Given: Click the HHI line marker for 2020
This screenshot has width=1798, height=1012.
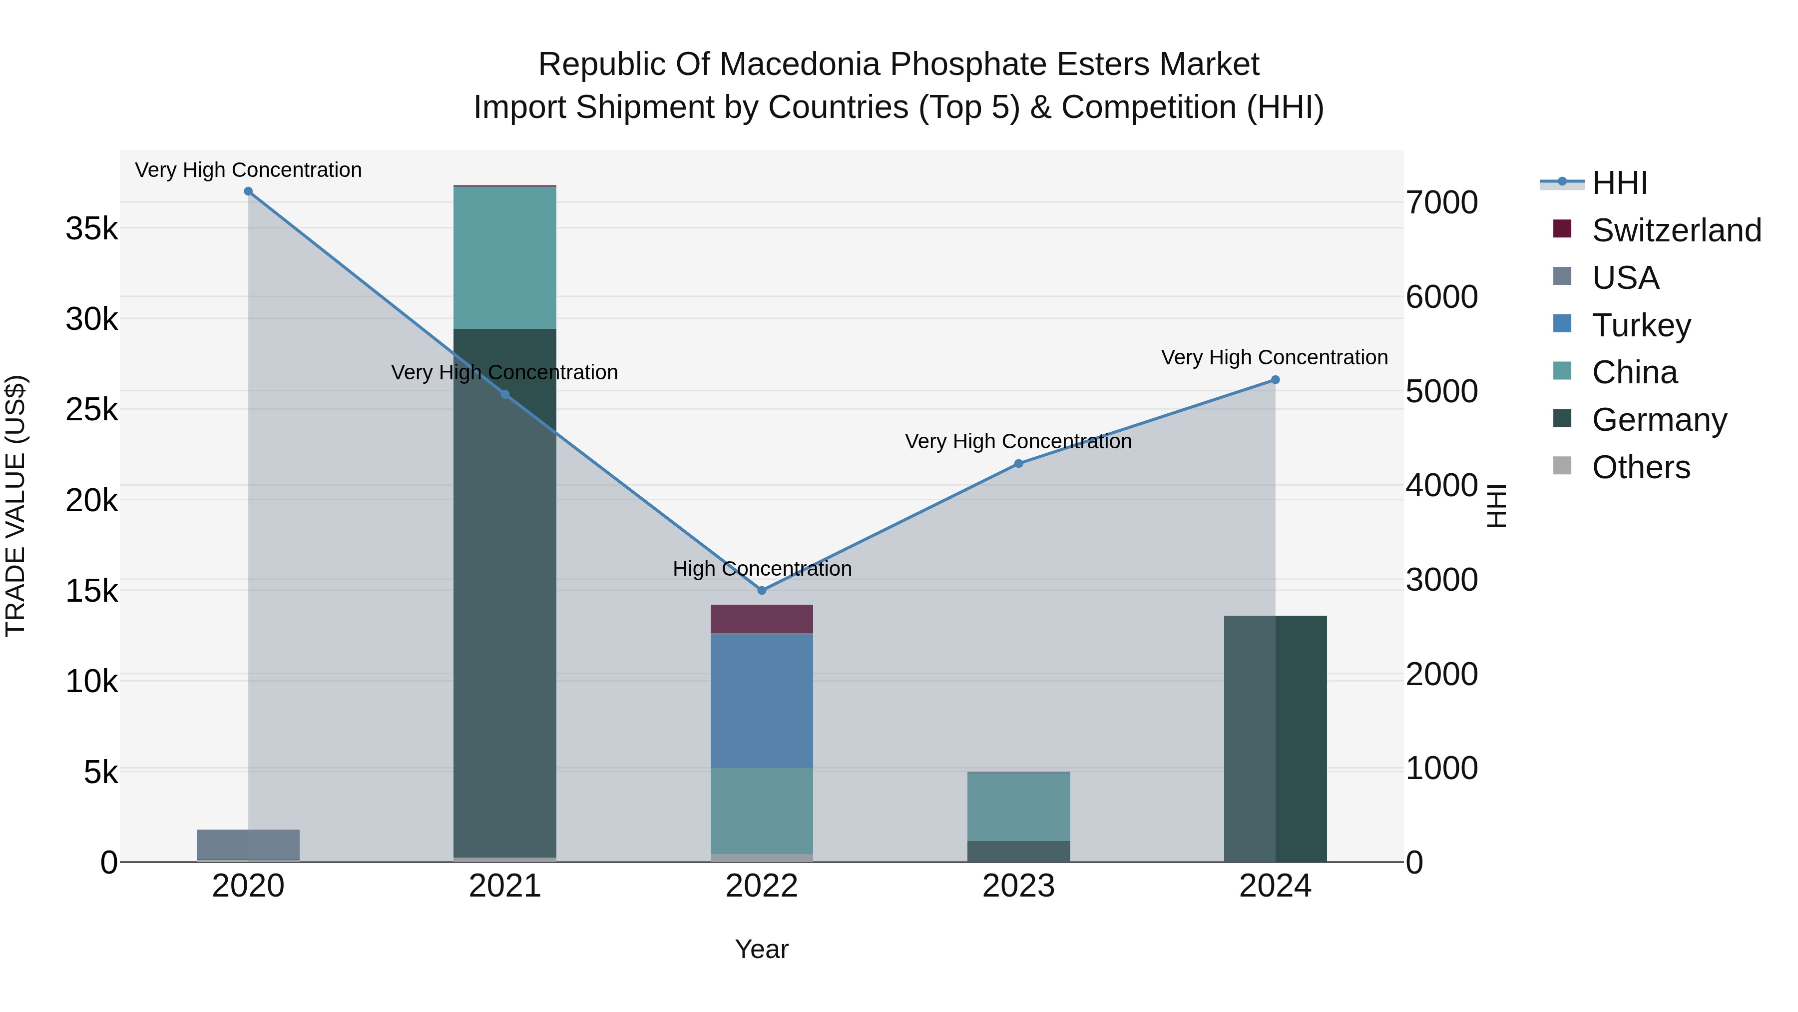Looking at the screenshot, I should click(x=249, y=191).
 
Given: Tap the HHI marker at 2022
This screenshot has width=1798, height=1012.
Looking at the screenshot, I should click(x=762, y=590).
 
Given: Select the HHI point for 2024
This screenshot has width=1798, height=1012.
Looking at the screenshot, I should click(x=1275, y=380).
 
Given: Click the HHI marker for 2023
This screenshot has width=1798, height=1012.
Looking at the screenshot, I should click(x=1018, y=464).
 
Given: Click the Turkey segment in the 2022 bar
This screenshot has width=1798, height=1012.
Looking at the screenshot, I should click(x=762, y=701).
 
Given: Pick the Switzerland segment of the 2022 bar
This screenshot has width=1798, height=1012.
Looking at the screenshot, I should click(x=762, y=619).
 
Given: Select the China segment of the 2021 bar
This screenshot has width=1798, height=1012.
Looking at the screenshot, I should click(x=504, y=257).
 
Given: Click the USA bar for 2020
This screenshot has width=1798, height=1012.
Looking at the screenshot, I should click(x=249, y=845).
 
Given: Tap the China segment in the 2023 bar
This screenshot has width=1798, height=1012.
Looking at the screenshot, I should click(x=1018, y=807).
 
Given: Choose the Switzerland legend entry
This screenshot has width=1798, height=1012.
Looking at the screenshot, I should click(x=1675, y=230).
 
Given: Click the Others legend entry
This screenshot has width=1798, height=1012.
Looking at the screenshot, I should click(x=1640, y=467).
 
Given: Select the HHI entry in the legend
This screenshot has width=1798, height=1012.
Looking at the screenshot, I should click(x=1619, y=183).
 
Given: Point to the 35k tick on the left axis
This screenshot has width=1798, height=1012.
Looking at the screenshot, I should click(x=91, y=228).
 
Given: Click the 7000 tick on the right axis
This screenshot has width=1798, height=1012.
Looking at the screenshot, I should click(x=1441, y=202).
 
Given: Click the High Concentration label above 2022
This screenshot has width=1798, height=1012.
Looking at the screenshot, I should click(x=762, y=569).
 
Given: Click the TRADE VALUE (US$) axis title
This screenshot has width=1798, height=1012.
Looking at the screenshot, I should click(x=16, y=506).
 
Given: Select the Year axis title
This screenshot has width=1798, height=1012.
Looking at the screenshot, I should click(x=762, y=949).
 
